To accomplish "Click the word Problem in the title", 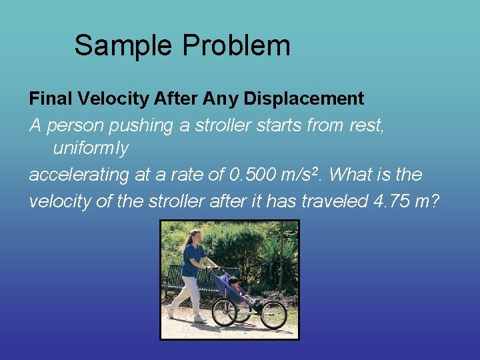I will point(236,45).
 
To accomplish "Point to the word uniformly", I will point(91,149).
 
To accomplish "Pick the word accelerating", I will point(79,175).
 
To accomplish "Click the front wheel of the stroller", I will point(273,315).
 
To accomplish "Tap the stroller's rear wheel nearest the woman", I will point(224,312).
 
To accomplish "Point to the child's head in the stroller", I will point(234,283).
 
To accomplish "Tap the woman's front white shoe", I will point(199,319).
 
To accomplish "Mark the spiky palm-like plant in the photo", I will point(275,257).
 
